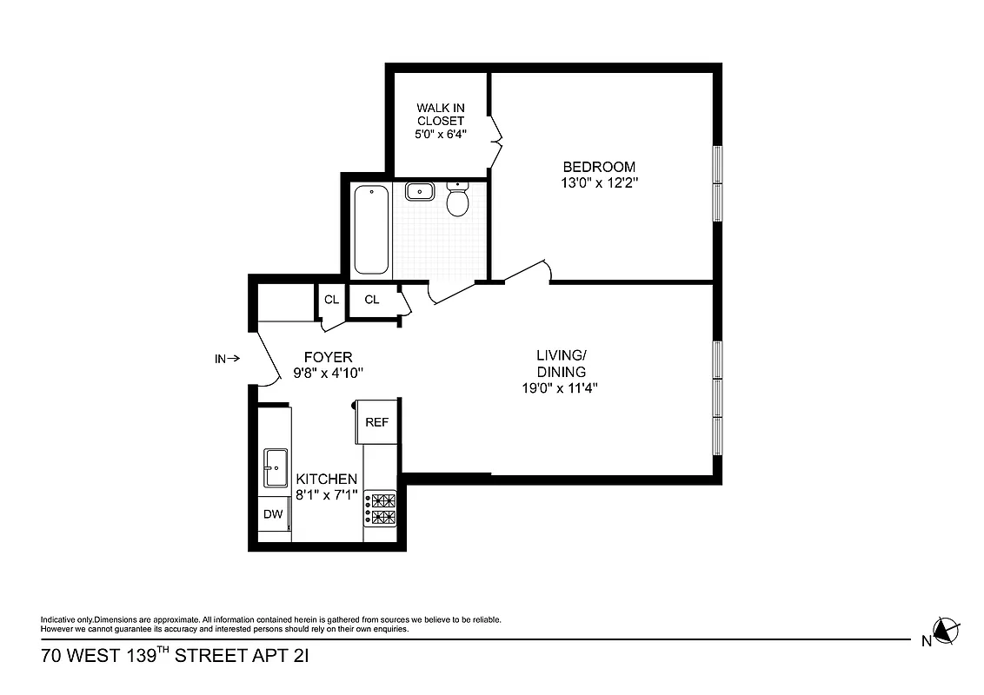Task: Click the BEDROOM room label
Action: [x=599, y=167]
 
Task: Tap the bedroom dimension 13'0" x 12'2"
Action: [x=599, y=182]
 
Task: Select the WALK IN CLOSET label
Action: [x=440, y=115]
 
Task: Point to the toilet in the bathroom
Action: [x=457, y=200]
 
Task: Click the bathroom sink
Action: [x=421, y=191]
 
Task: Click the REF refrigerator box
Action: [x=376, y=422]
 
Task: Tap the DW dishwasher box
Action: [x=274, y=513]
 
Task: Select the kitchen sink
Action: [x=276, y=468]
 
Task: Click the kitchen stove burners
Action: [x=381, y=509]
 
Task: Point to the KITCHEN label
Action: [x=326, y=479]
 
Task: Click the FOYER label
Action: [x=328, y=357]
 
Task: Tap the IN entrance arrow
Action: [x=227, y=357]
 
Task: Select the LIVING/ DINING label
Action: [x=561, y=363]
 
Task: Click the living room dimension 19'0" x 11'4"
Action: [x=561, y=388]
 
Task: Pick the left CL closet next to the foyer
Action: [x=331, y=300]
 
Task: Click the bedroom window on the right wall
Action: [x=718, y=183]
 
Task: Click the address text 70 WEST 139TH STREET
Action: [x=174, y=656]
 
